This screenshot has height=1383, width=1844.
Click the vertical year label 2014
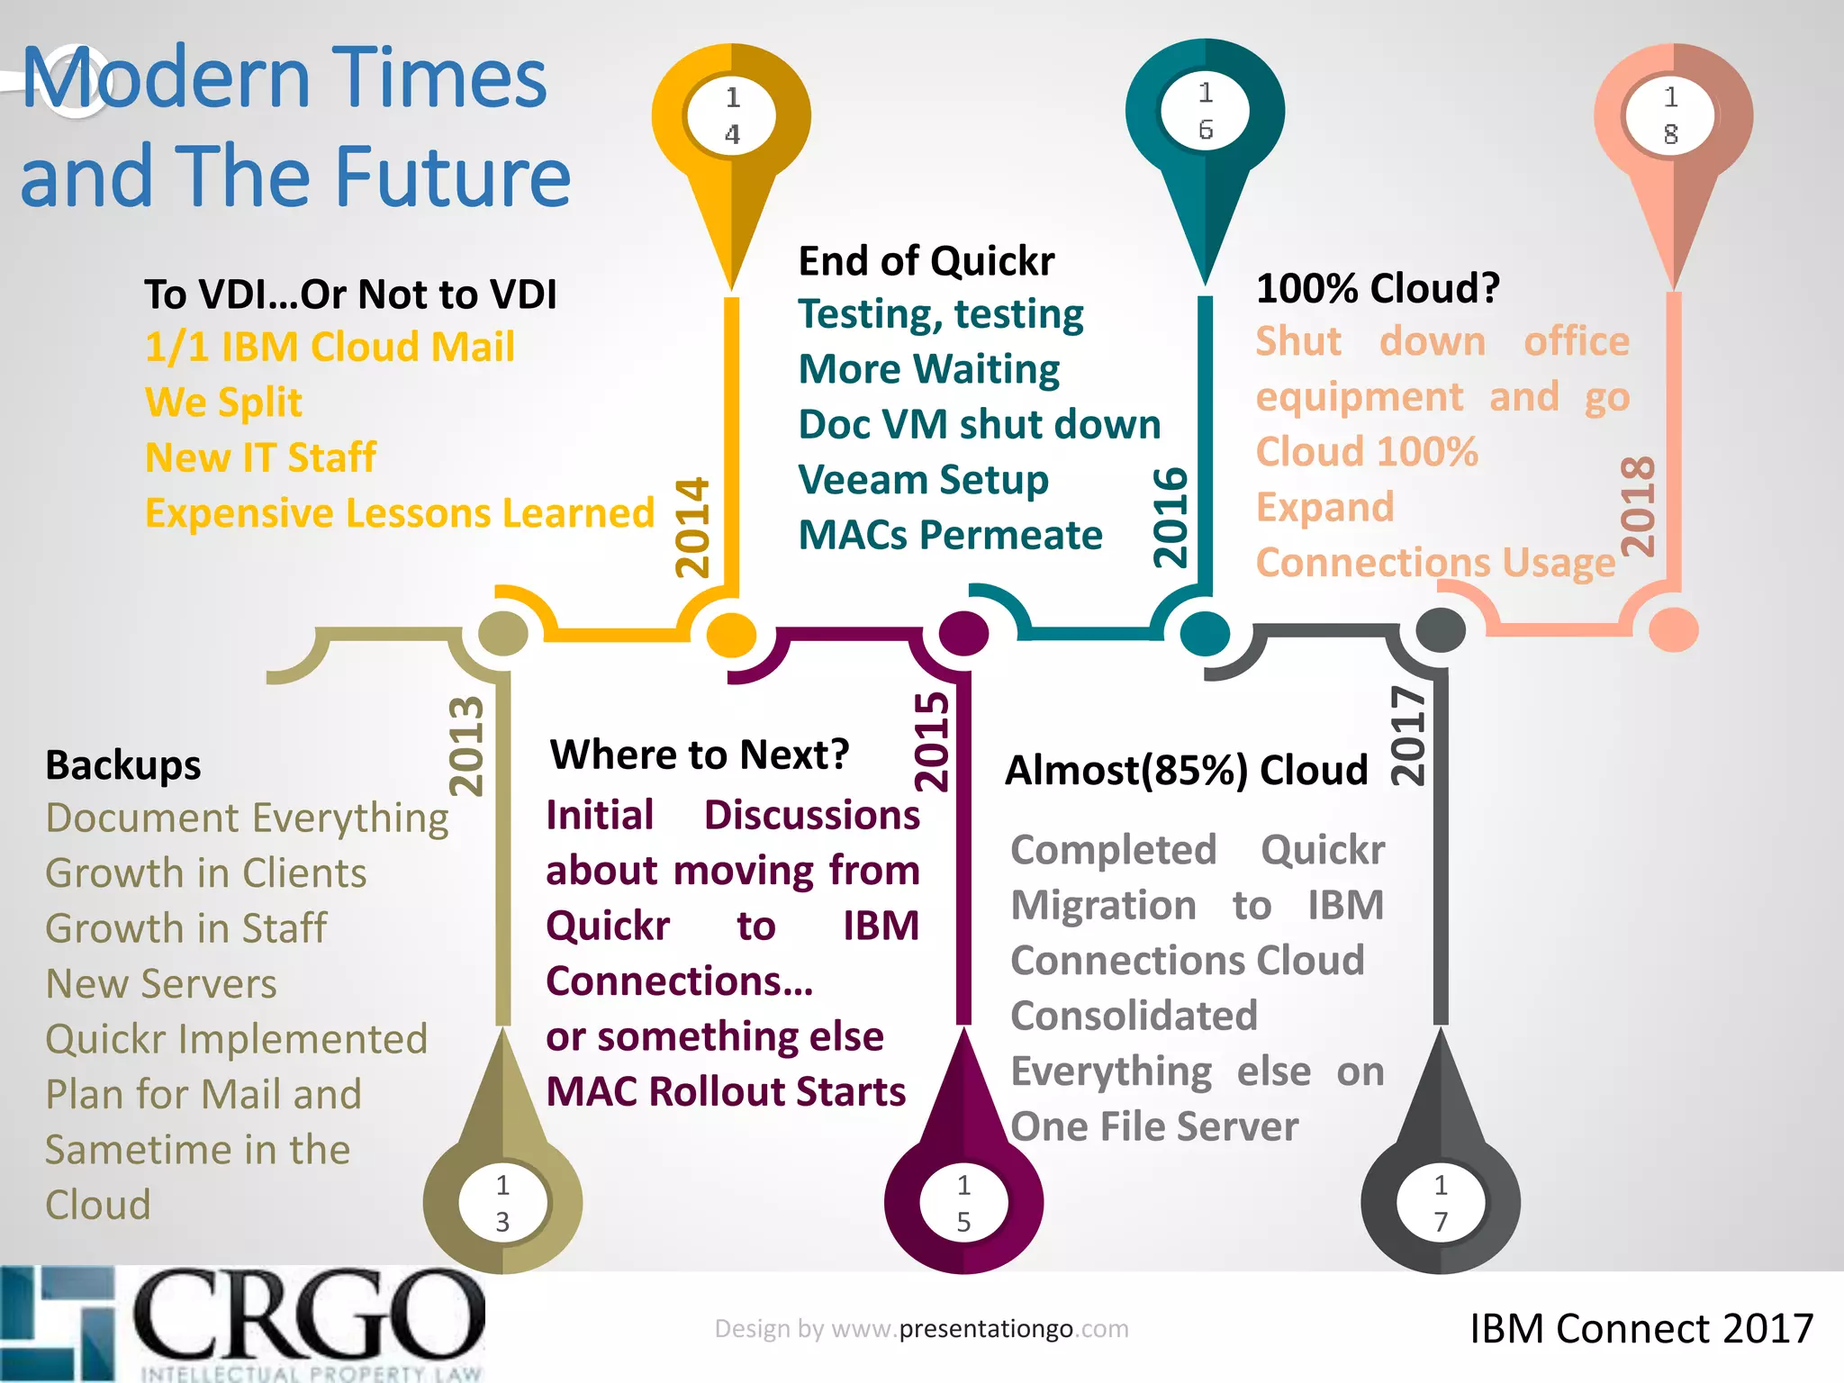(693, 528)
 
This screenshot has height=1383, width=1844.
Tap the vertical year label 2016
(1171, 518)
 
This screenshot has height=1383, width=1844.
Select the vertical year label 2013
(466, 746)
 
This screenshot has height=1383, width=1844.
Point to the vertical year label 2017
(1408, 737)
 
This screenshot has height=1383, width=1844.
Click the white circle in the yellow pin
(732, 116)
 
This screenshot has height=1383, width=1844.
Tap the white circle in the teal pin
(1206, 112)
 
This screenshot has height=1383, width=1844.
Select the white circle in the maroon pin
(963, 1203)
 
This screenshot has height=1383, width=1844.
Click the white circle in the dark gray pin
(1441, 1203)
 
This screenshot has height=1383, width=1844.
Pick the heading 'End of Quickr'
(927, 261)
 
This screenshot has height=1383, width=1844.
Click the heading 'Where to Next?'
(700, 755)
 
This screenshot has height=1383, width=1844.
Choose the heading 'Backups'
(123, 765)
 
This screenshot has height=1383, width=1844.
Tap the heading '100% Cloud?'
(1378, 289)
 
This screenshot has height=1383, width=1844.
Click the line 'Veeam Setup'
(924, 480)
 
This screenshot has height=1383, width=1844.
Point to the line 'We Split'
(223, 402)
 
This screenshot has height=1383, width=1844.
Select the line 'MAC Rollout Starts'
(726, 1091)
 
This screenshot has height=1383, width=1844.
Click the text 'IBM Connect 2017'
(1641, 1329)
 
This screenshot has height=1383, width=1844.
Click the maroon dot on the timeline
(963, 633)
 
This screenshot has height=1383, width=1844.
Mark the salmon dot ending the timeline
(1673, 629)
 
